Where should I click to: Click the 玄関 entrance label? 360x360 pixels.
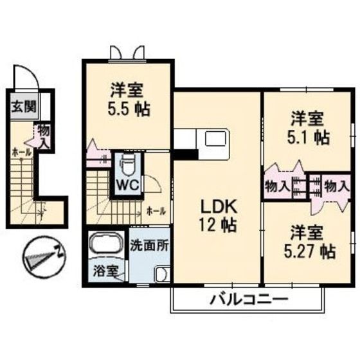(22, 106)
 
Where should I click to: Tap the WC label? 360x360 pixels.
(127, 184)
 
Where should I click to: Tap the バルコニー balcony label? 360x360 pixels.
(248, 300)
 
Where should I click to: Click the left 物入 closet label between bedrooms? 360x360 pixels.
(277, 186)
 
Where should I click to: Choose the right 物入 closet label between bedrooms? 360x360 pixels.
(336, 186)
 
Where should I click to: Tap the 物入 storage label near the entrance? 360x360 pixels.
(43, 136)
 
